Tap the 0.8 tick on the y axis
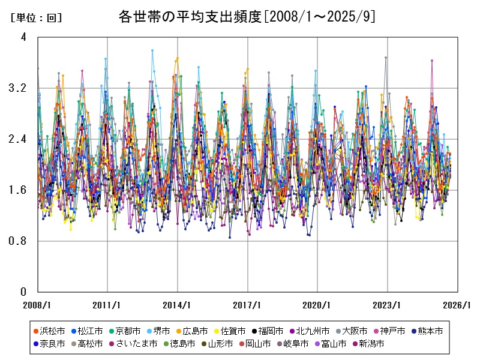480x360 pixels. click(x=19, y=241)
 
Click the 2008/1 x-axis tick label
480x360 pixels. click(x=38, y=304)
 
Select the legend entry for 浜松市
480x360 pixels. click(x=50, y=331)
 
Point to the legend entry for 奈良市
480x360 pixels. click(x=50, y=344)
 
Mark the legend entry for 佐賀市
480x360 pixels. click(x=228, y=331)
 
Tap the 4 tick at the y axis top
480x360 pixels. click(x=23, y=37)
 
